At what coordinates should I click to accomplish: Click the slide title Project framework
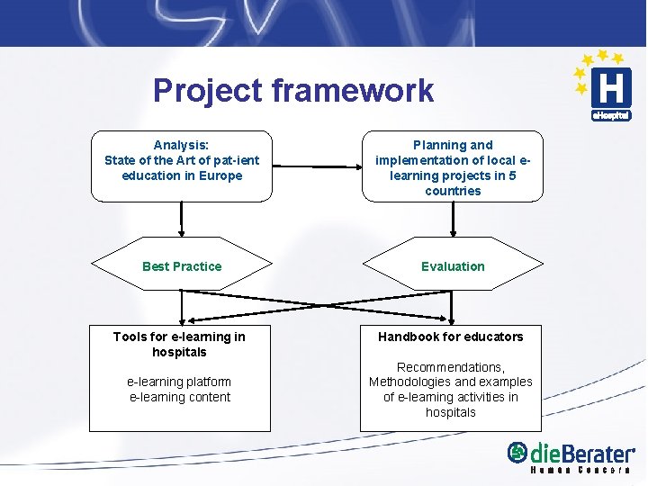(x=292, y=90)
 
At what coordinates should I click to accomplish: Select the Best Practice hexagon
(x=182, y=266)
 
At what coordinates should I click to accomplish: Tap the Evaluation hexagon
(x=452, y=266)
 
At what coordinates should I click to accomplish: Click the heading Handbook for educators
(x=450, y=337)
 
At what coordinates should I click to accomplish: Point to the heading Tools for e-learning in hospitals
(x=179, y=344)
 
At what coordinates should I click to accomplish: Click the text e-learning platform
(x=179, y=382)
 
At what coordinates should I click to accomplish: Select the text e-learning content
(x=180, y=397)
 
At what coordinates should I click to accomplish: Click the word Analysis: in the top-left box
(x=181, y=145)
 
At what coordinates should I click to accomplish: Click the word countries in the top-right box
(x=453, y=191)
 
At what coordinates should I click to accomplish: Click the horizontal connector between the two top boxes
(x=317, y=166)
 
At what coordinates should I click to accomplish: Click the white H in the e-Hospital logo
(x=610, y=88)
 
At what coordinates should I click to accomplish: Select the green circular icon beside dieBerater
(x=517, y=453)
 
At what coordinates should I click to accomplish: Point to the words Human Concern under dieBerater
(x=580, y=471)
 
